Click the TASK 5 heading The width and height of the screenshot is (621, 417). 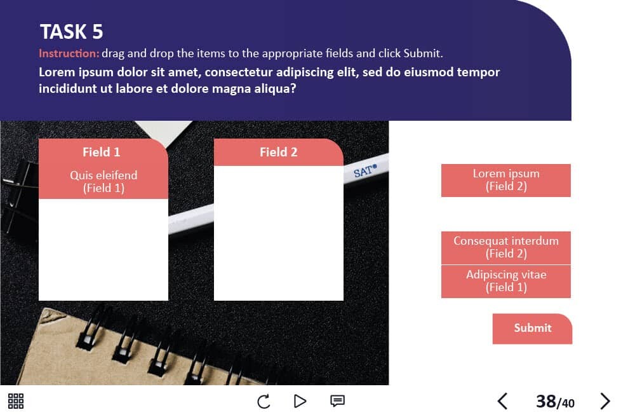(71, 32)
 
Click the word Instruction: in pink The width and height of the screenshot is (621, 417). (69, 53)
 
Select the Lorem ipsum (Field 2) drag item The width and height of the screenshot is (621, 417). (505, 181)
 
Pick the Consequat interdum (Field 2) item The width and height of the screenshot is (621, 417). (505, 248)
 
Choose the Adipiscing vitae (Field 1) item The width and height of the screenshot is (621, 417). (505, 282)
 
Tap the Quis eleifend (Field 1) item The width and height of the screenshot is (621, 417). (103, 182)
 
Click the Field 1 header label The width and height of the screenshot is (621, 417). (102, 152)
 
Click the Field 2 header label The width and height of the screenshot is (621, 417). (278, 152)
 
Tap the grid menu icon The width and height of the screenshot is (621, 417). (16, 401)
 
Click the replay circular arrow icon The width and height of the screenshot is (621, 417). (264, 401)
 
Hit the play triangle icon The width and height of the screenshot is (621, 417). (300, 401)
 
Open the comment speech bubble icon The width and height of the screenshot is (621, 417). (337, 401)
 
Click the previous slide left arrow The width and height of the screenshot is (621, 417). (503, 401)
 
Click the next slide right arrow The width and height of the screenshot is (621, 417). (604, 401)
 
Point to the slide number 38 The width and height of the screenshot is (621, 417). (546, 402)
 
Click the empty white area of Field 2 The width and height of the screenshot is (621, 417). (278, 233)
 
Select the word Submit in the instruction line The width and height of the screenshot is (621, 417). (422, 53)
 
